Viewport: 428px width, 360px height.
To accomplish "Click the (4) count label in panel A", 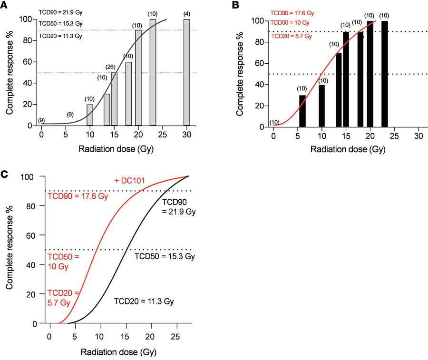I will [x=186, y=13].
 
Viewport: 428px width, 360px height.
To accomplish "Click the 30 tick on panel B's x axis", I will [x=418, y=136].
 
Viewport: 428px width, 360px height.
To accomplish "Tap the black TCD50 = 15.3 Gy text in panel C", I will [x=165, y=256].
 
